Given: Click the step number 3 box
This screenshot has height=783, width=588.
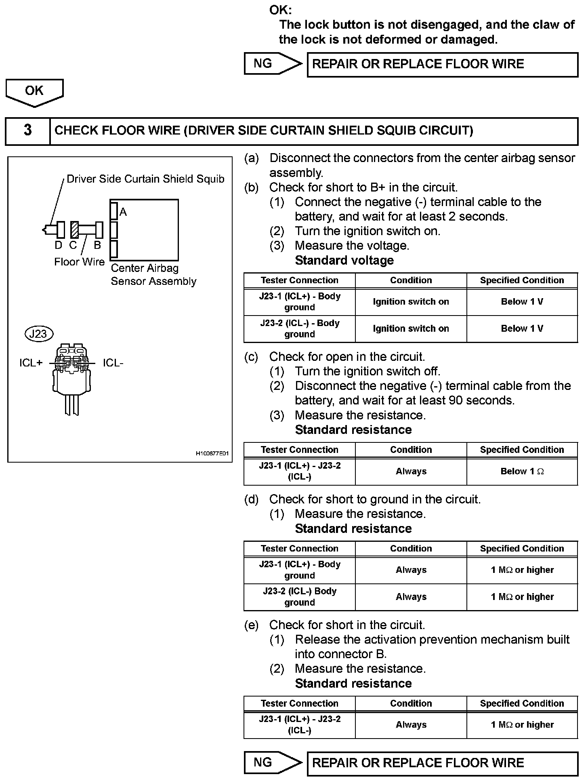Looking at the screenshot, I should pos(27,130).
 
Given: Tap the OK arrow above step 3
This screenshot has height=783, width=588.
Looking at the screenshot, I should pos(34,91).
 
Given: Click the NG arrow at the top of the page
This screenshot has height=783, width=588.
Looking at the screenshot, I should pos(273,64).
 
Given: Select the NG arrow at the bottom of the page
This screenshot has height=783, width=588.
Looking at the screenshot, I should pos(273,762).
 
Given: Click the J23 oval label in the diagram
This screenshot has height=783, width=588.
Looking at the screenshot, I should pos(39,334).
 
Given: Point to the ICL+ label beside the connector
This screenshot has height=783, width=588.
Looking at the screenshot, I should pos(31,363).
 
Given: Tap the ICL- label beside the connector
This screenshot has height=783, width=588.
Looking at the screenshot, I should pos(113,363).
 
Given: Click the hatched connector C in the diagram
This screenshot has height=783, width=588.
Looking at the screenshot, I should pos(74,230).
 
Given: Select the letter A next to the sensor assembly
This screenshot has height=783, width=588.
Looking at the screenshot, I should pos(123,212).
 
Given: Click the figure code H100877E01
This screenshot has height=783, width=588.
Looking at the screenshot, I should pos(212,454).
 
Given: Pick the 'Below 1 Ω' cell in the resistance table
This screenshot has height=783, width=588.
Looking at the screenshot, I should pos(522,471).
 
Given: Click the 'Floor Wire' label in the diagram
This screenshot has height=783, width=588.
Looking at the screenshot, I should pos(79,262).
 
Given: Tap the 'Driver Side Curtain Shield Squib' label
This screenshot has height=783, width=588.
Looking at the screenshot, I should pos(145,179).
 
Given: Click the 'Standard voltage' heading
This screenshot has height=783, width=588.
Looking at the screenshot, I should pos(344,260).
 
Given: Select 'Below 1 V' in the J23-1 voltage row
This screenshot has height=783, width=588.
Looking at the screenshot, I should pos(522,302).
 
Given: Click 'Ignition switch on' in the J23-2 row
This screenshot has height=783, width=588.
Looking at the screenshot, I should pos(411,329).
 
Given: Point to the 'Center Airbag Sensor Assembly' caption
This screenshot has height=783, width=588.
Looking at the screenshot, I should pos(153,275).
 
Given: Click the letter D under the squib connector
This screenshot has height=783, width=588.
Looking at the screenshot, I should pos(59,245).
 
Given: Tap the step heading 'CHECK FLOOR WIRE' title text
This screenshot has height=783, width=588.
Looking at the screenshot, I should pos(263,130).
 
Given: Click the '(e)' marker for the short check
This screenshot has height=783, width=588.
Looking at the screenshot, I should pos(251,625).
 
